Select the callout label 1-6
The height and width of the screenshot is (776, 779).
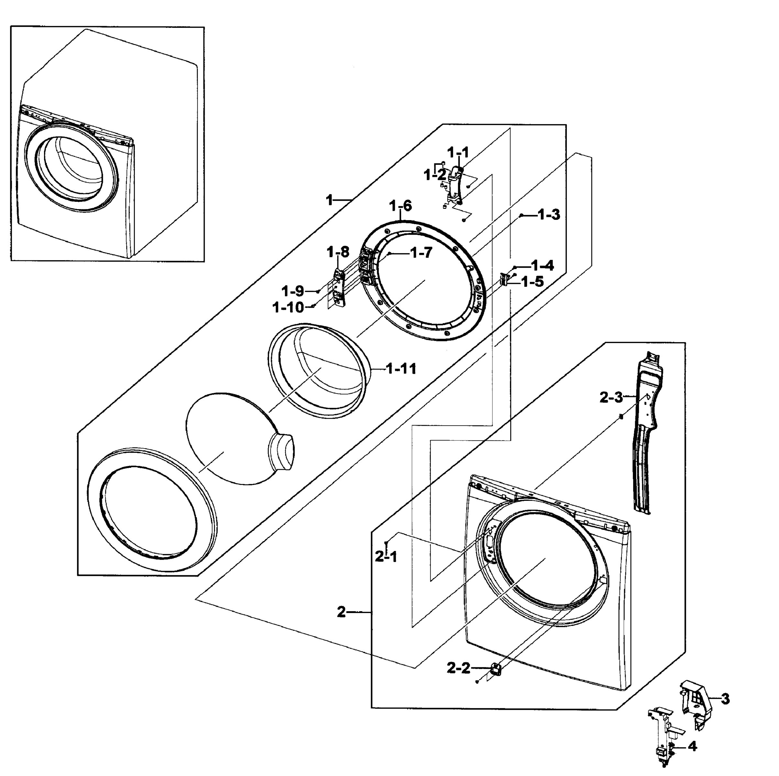pos(400,206)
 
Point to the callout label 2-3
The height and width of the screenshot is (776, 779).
pos(611,398)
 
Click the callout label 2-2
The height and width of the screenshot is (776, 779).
pos(459,668)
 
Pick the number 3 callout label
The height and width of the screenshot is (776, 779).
pos(725,699)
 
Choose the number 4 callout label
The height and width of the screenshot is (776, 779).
pos(692,747)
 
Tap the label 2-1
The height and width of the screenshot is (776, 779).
pos(386,557)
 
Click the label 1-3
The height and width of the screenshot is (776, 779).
pos(549,215)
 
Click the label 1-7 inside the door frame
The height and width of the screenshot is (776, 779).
pos(421,253)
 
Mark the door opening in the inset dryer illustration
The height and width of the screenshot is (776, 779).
pos(72,169)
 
